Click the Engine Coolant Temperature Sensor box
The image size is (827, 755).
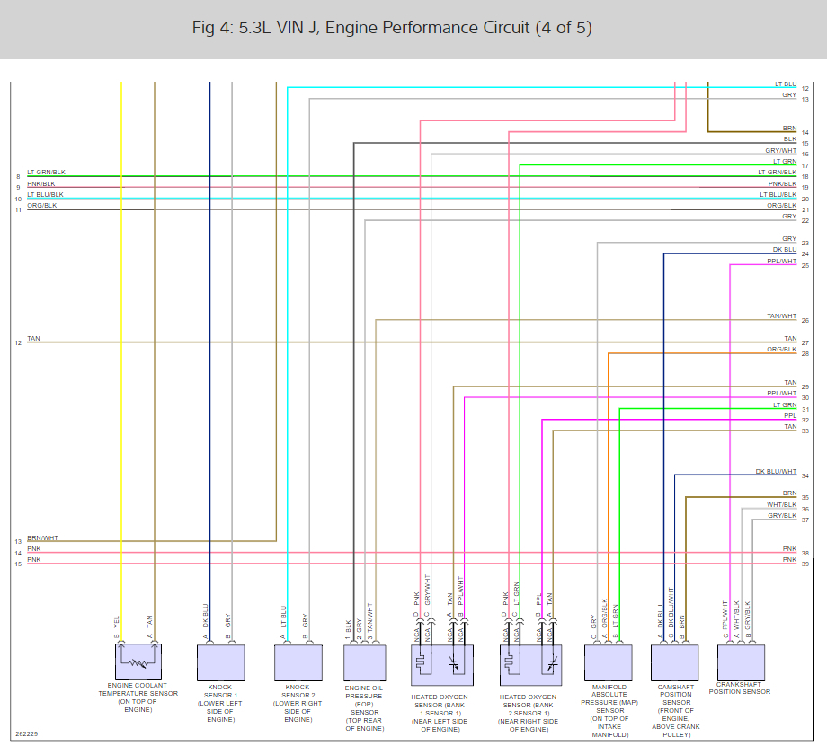coord(138,662)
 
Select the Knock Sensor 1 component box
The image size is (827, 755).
coord(220,662)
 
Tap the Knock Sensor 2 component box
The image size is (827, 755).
coord(298,662)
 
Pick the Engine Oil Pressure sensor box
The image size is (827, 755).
coord(364,662)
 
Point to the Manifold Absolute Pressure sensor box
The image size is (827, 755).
coord(609,662)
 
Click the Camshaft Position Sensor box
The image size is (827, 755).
coord(675,662)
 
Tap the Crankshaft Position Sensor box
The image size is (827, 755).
coord(741,662)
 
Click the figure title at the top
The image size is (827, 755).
coord(392,28)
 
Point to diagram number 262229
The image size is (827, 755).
coord(26,734)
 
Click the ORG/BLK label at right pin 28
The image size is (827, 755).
coord(781,349)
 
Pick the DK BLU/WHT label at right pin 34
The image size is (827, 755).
coord(776,471)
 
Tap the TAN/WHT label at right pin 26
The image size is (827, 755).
coord(781,315)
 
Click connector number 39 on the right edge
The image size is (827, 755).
coord(805,564)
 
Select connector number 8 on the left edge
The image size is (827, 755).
coord(17,177)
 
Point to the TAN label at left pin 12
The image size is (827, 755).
coord(33,338)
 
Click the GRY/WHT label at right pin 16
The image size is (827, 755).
coord(780,150)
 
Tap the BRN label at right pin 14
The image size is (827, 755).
coord(789,129)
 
